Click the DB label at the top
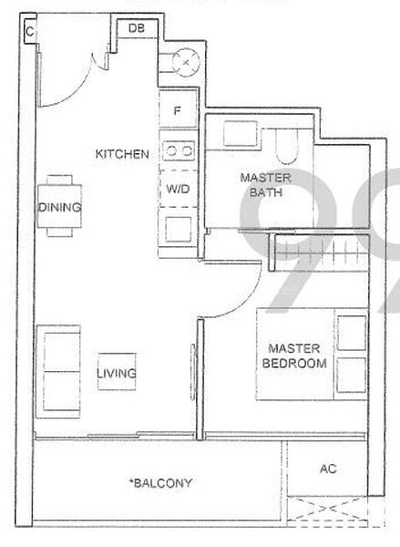136,28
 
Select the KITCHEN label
122,154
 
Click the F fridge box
178,111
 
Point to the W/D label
178,189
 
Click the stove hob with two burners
178,149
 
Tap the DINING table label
59,207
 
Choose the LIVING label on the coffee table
118,373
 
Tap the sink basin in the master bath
239,135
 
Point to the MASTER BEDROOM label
293,356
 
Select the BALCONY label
160,483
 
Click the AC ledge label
328,469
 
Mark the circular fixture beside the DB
186,62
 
